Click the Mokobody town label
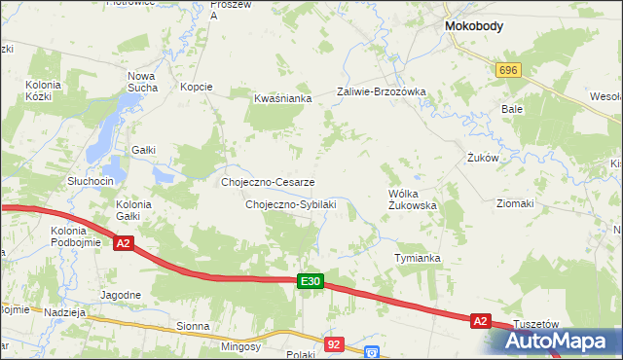click(473, 27)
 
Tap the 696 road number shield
click(508, 71)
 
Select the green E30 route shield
click(310, 281)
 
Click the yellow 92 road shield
click(334, 343)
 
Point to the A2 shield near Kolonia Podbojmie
click(123, 243)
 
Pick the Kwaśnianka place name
click(282, 98)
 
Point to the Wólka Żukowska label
click(412, 199)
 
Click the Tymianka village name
click(418, 258)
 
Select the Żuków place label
click(483, 157)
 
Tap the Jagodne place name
click(121, 294)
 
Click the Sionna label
click(193, 327)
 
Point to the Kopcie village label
click(196, 87)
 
